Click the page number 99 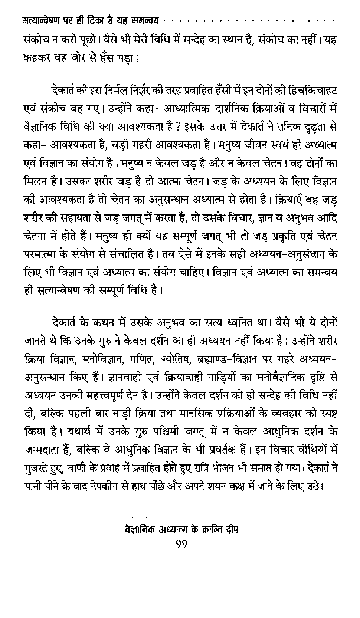click(x=181, y=545)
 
